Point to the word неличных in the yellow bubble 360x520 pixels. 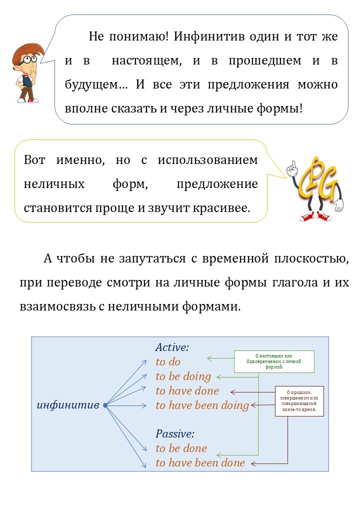coord(54,183)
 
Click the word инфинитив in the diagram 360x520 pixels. coord(68,405)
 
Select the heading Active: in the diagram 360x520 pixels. coord(172,347)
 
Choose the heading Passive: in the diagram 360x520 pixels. coord(174,433)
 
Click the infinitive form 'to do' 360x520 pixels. coord(168,361)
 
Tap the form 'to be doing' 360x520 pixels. coord(183,376)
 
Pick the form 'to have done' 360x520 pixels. coord(187,390)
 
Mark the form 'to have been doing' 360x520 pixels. coord(202,405)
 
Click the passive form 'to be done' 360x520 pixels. coord(181,448)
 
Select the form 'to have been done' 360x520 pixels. coord(200,462)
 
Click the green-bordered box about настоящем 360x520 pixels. coord(274,361)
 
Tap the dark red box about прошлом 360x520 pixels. coord(299,401)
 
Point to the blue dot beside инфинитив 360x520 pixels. coord(105,405)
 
